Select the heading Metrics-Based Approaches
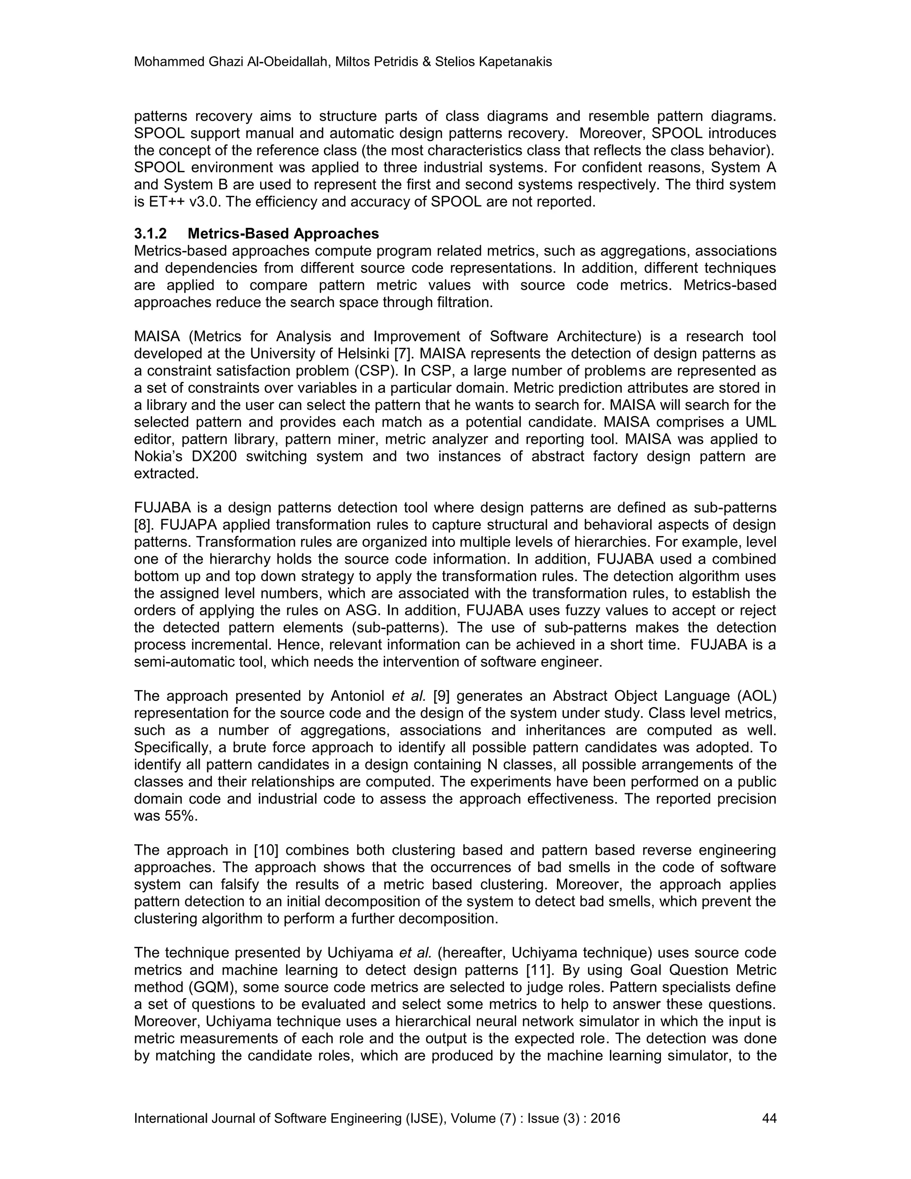point(283,234)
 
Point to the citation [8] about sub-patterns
point(142,525)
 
